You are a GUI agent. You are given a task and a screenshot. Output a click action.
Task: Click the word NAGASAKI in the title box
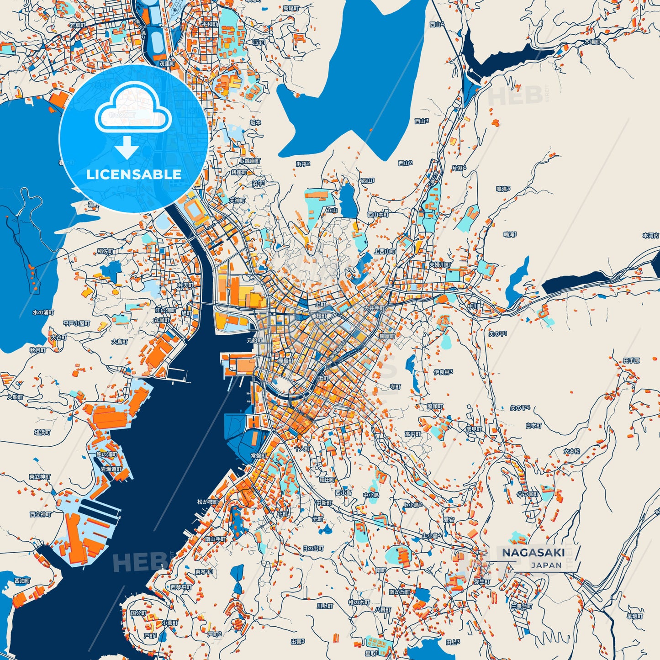pos(533,553)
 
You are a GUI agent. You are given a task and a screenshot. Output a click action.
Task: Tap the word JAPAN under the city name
pos(546,565)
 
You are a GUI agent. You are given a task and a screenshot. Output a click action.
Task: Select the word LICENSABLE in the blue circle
pos(134,174)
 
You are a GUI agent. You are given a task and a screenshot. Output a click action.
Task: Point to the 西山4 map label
pos(437,24)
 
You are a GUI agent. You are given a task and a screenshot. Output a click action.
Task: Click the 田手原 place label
pos(632,360)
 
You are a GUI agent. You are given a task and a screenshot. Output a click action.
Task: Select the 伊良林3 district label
pos(443,372)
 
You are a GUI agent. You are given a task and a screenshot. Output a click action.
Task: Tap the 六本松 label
pos(571,451)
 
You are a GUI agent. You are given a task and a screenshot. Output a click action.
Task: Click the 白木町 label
pos(533,425)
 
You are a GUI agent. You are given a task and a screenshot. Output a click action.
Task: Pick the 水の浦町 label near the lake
pos(43,312)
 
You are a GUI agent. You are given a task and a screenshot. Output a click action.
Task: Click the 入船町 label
pos(15,397)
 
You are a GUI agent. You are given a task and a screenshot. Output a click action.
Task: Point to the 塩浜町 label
pos(42,432)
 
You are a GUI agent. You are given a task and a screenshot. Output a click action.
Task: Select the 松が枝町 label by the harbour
pos(208,502)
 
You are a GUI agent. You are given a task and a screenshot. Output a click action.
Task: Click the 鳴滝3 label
pos(503,189)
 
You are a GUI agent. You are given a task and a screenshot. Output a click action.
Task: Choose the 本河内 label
pos(650,236)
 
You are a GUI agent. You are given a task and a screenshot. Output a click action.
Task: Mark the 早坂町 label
pos(634,616)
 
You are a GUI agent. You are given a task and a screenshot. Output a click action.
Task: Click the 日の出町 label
pos(313,548)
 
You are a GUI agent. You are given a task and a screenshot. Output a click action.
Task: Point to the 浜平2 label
pos(303,164)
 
